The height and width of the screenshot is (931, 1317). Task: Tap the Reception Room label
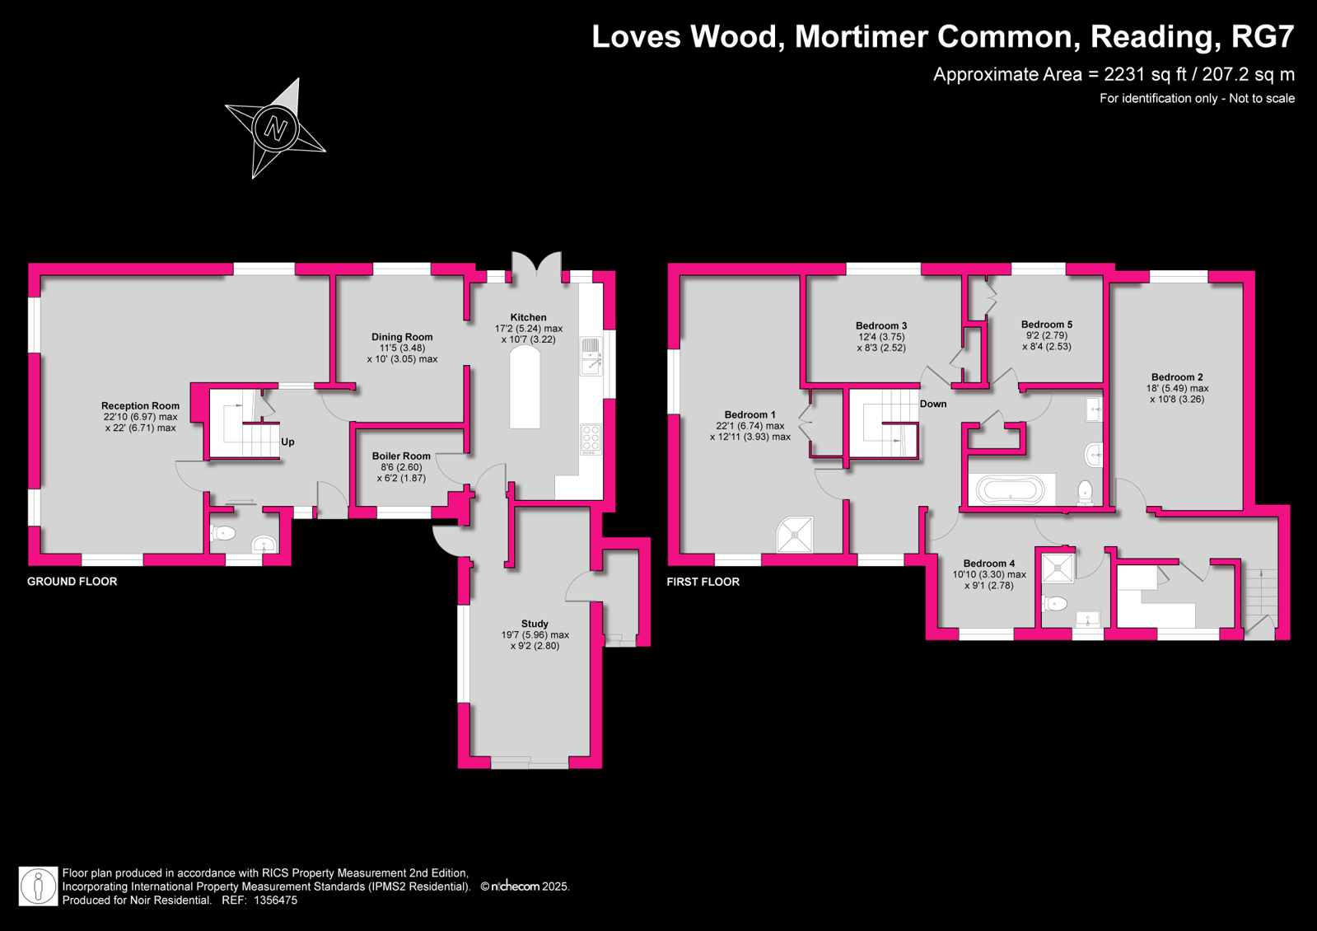tap(141, 406)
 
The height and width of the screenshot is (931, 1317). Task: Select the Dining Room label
tap(402, 337)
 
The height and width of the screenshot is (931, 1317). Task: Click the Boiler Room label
tap(401, 456)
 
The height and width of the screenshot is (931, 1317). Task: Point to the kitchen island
tap(525, 387)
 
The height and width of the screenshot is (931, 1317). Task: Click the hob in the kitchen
tap(591, 439)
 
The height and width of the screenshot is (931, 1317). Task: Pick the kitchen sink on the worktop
tap(591, 357)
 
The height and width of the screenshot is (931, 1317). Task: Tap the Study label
tap(535, 624)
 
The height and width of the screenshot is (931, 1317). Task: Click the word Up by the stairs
tap(287, 442)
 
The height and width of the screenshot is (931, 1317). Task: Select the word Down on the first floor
tap(933, 404)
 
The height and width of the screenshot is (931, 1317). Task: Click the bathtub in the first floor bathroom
tap(1010, 489)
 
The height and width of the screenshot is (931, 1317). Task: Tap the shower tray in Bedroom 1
tap(795, 535)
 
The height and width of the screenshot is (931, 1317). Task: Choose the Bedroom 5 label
tap(1047, 325)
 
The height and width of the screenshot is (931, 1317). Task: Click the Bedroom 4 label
tap(989, 564)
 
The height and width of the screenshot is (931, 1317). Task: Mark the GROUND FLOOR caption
tap(72, 582)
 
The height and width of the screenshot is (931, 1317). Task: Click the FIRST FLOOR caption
tap(703, 582)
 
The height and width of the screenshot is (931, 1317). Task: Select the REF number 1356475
tap(275, 901)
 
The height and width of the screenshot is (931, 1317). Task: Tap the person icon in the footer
tap(39, 887)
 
